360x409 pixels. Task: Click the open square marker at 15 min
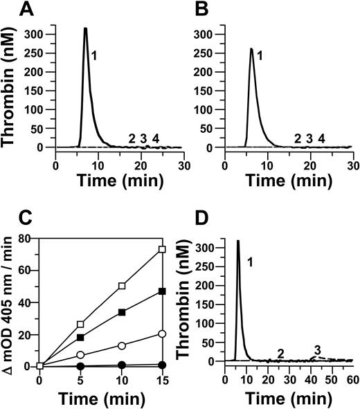(161, 249)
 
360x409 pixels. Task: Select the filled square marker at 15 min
(161, 291)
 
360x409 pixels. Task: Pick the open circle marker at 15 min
(161, 334)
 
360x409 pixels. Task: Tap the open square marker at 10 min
(121, 285)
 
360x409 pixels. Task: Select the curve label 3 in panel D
(317, 348)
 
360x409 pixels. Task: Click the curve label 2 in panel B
(298, 138)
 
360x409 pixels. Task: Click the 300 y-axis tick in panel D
(212, 247)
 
